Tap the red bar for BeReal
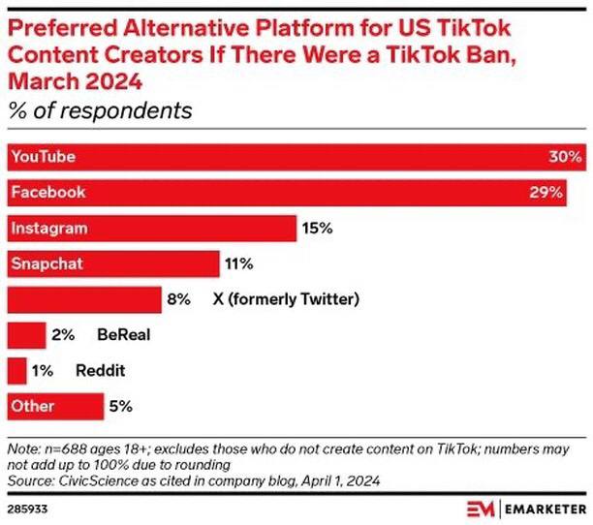(x=26, y=335)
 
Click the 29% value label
(x=546, y=193)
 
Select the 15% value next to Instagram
(x=317, y=229)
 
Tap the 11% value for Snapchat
(x=238, y=263)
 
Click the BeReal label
(x=123, y=335)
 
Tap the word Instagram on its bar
(x=49, y=229)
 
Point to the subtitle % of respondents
(x=100, y=110)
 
